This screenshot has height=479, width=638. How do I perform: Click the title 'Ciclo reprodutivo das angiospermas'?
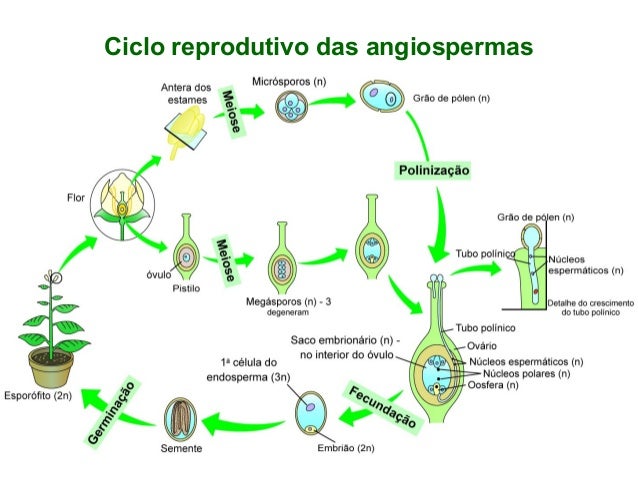pos(318,47)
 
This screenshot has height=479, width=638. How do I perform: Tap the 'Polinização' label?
pos(434,171)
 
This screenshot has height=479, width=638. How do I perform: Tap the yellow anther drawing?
pos(188,129)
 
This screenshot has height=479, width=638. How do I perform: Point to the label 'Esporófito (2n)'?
pos(37,394)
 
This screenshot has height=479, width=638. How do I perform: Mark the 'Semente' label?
pos(181,449)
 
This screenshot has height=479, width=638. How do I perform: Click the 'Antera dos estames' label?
pos(186,94)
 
